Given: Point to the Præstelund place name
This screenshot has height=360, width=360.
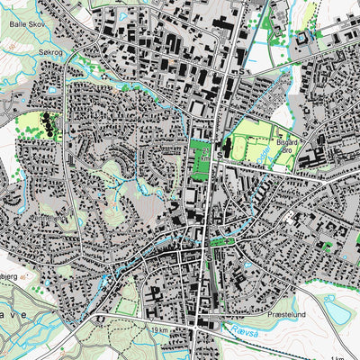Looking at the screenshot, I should [289, 316].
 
